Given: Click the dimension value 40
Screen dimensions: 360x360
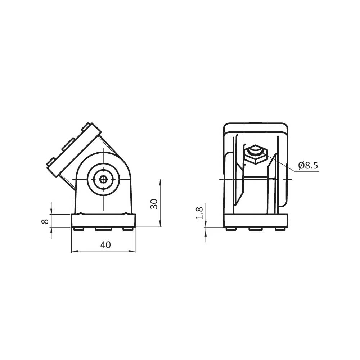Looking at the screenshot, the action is [x=105, y=245].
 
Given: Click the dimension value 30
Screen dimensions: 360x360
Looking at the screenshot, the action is [x=154, y=204].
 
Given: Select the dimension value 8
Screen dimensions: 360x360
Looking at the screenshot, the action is [x=45, y=221].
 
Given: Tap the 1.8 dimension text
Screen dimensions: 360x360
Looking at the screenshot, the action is [x=199, y=213].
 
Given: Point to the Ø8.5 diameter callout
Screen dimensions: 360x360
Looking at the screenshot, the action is [x=308, y=165].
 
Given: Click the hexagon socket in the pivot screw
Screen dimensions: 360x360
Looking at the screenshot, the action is [x=103, y=179].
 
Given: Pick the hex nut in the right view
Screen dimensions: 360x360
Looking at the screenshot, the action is [x=256, y=154].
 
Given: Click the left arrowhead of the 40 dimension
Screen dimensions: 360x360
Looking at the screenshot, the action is [x=74, y=251].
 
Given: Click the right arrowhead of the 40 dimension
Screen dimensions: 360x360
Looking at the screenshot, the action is [x=133, y=251].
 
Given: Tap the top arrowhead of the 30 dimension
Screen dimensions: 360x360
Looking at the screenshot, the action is [x=160, y=181].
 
